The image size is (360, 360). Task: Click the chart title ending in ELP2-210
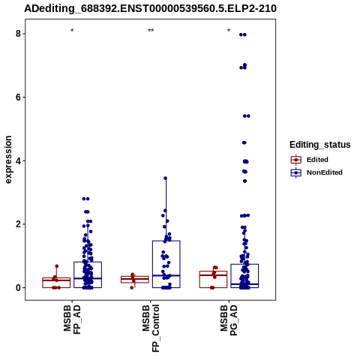(x=150, y=9)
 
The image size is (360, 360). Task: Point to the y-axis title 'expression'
(x=8, y=160)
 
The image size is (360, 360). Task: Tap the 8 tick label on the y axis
(x=18, y=34)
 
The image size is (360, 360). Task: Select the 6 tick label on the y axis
(x=18, y=97)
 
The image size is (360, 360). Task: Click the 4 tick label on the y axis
(x=18, y=160)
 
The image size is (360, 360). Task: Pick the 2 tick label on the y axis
(x=18, y=224)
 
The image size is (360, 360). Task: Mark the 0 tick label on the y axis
(x=18, y=288)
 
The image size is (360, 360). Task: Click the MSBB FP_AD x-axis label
(x=72, y=319)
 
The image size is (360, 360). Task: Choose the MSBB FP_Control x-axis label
(x=151, y=328)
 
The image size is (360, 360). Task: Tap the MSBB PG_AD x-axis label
(x=229, y=320)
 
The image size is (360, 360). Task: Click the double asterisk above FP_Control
(x=151, y=31)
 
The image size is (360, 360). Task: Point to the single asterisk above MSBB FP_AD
(x=72, y=31)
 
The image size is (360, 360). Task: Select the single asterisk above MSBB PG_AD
(x=229, y=31)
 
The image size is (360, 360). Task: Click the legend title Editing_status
(x=320, y=145)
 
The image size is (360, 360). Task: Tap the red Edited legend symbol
(x=296, y=160)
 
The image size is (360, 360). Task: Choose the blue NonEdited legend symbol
(x=296, y=172)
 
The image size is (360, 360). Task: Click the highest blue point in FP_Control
(x=165, y=178)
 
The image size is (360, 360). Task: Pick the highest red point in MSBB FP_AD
(x=57, y=266)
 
